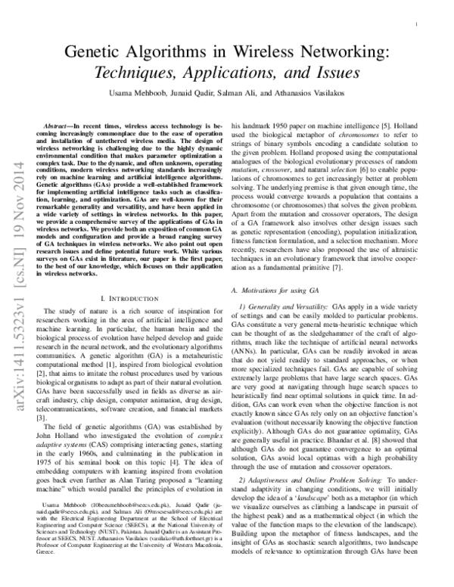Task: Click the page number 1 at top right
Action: click(418, 25)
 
